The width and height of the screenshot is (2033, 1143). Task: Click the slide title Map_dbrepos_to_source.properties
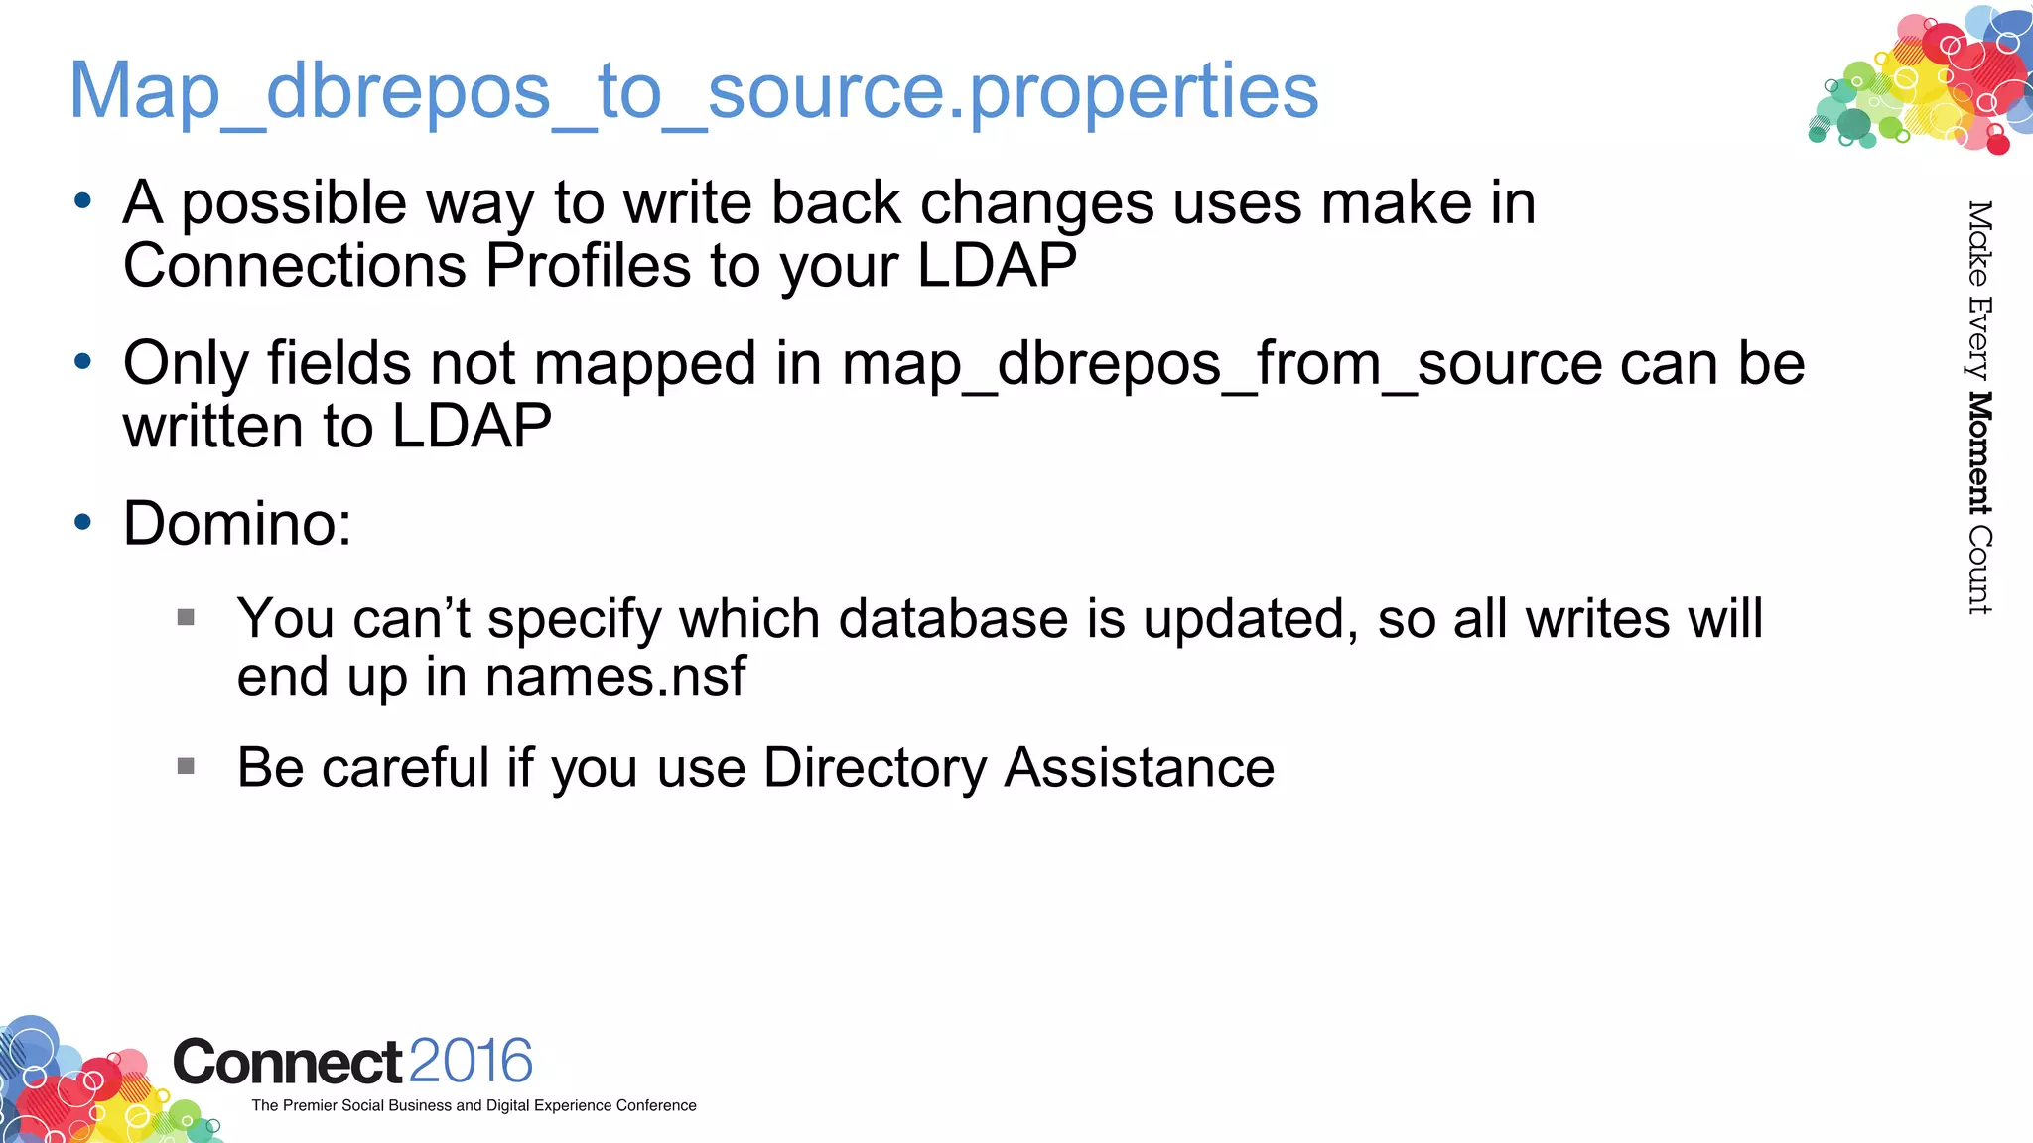click(x=693, y=91)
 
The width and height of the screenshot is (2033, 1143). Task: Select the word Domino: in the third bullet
click(x=237, y=523)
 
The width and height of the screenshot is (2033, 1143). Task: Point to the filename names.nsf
click(x=615, y=678)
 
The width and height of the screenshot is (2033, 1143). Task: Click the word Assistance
click(x=1139, y=768)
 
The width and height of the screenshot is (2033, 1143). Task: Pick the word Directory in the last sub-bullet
click(x=875, y=768)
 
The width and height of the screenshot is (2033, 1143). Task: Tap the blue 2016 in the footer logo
click(x=471, y=1061)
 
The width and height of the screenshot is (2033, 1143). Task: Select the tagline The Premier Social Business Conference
click(x=474, y=1105)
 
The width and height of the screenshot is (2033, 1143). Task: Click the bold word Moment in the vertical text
click(x=1979, y=453)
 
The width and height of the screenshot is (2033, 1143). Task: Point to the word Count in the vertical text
click(x=1979, y=570)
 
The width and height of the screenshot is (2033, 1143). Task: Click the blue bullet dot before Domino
click(x=83, y=521)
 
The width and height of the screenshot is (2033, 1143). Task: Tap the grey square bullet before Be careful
click(x=186, y=766)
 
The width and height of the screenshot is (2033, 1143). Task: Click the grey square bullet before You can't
click(x=186, y=618)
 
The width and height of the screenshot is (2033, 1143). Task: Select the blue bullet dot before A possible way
click(x=83, y=201)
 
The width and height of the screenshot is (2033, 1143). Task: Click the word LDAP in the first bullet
click(x=996, y=266)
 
